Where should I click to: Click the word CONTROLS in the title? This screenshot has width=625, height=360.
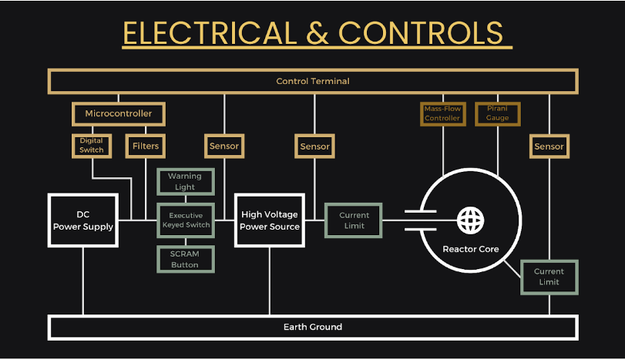pos(421,33)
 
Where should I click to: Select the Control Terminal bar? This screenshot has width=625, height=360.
pos(313,81)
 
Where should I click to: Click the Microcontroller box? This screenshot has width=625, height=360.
pos(118,113)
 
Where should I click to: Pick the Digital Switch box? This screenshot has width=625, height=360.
pos(92,146)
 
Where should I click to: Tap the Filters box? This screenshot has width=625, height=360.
pos(146,146)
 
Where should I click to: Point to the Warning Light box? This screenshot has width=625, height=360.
pos(185,182)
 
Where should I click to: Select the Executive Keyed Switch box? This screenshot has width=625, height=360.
pos(185,220)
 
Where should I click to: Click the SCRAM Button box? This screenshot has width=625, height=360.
pos(185,260)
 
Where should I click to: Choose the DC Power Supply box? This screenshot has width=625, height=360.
pos(83,220)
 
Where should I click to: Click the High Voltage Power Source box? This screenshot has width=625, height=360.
pos(269,220)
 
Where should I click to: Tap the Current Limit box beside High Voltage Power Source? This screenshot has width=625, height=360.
pos(354,220)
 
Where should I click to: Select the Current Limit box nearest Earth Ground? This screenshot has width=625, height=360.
pos(549,277)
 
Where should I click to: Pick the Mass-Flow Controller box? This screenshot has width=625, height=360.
pos(442,114)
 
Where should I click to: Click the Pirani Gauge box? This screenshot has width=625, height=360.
pos(497,114)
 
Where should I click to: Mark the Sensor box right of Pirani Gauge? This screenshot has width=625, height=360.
pos(549,146)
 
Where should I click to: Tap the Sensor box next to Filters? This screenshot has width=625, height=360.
pos(224,146)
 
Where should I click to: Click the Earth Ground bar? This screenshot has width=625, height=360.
pos(313,327)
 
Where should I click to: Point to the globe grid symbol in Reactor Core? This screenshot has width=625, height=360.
pos(470,220)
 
